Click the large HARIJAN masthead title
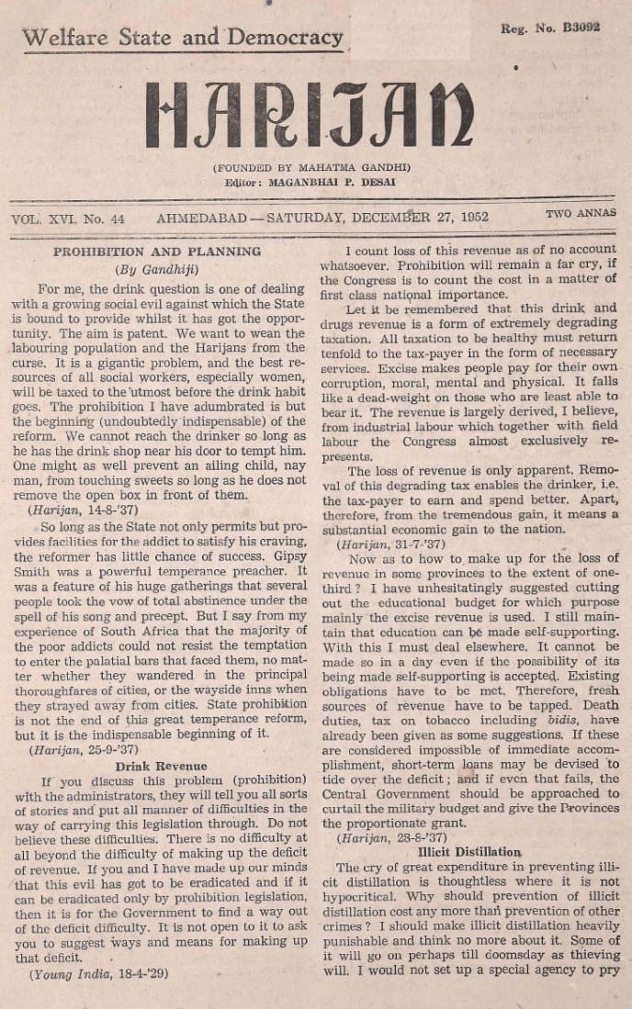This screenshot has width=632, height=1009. tap(310, 116)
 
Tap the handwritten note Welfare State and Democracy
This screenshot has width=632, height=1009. tap(182, 39)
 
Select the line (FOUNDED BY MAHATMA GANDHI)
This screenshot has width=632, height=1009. tap(311, 168)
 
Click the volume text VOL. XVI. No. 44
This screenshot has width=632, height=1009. tap(68, 219)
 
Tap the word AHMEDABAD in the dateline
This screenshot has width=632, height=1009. tap(198, 219)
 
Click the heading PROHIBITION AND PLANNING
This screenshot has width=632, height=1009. tap(156, 251)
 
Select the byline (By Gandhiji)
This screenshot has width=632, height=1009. tap(156, 270)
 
